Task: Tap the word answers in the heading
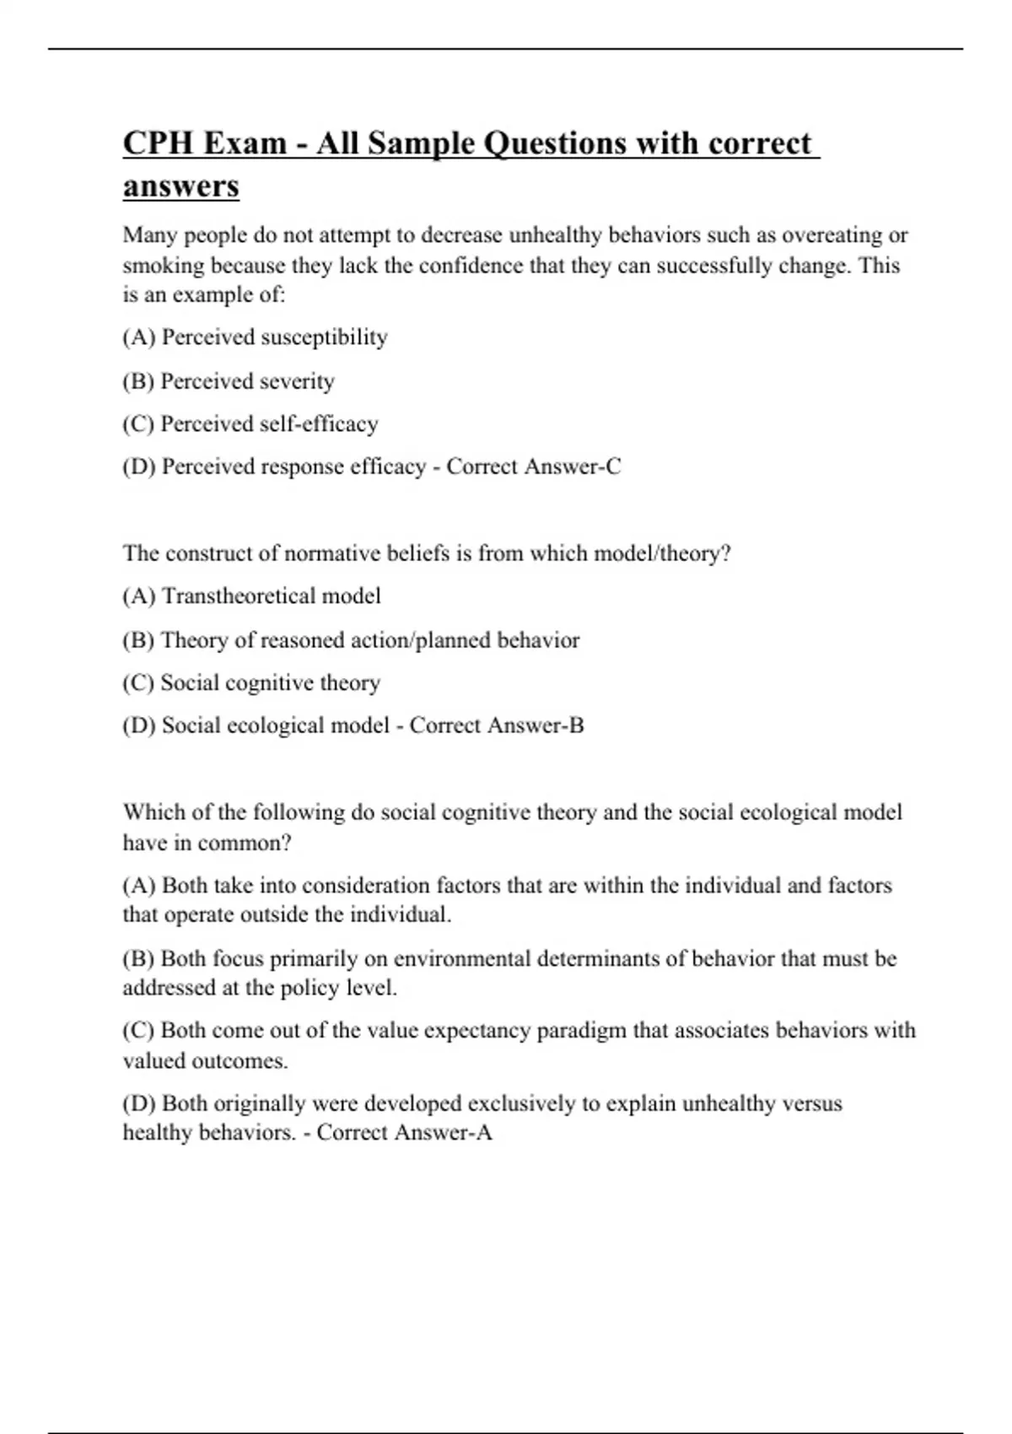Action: click(180, 186)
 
